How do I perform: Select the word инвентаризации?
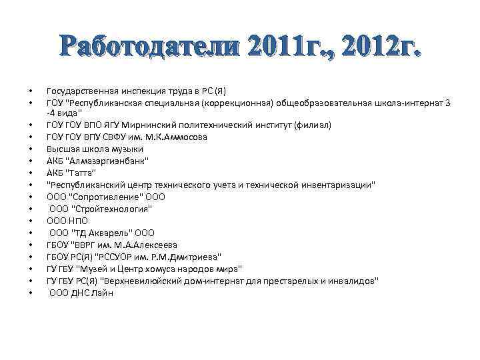click(337, 185)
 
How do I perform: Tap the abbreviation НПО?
click(79, 221)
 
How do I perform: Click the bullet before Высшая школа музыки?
click(31, 149)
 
